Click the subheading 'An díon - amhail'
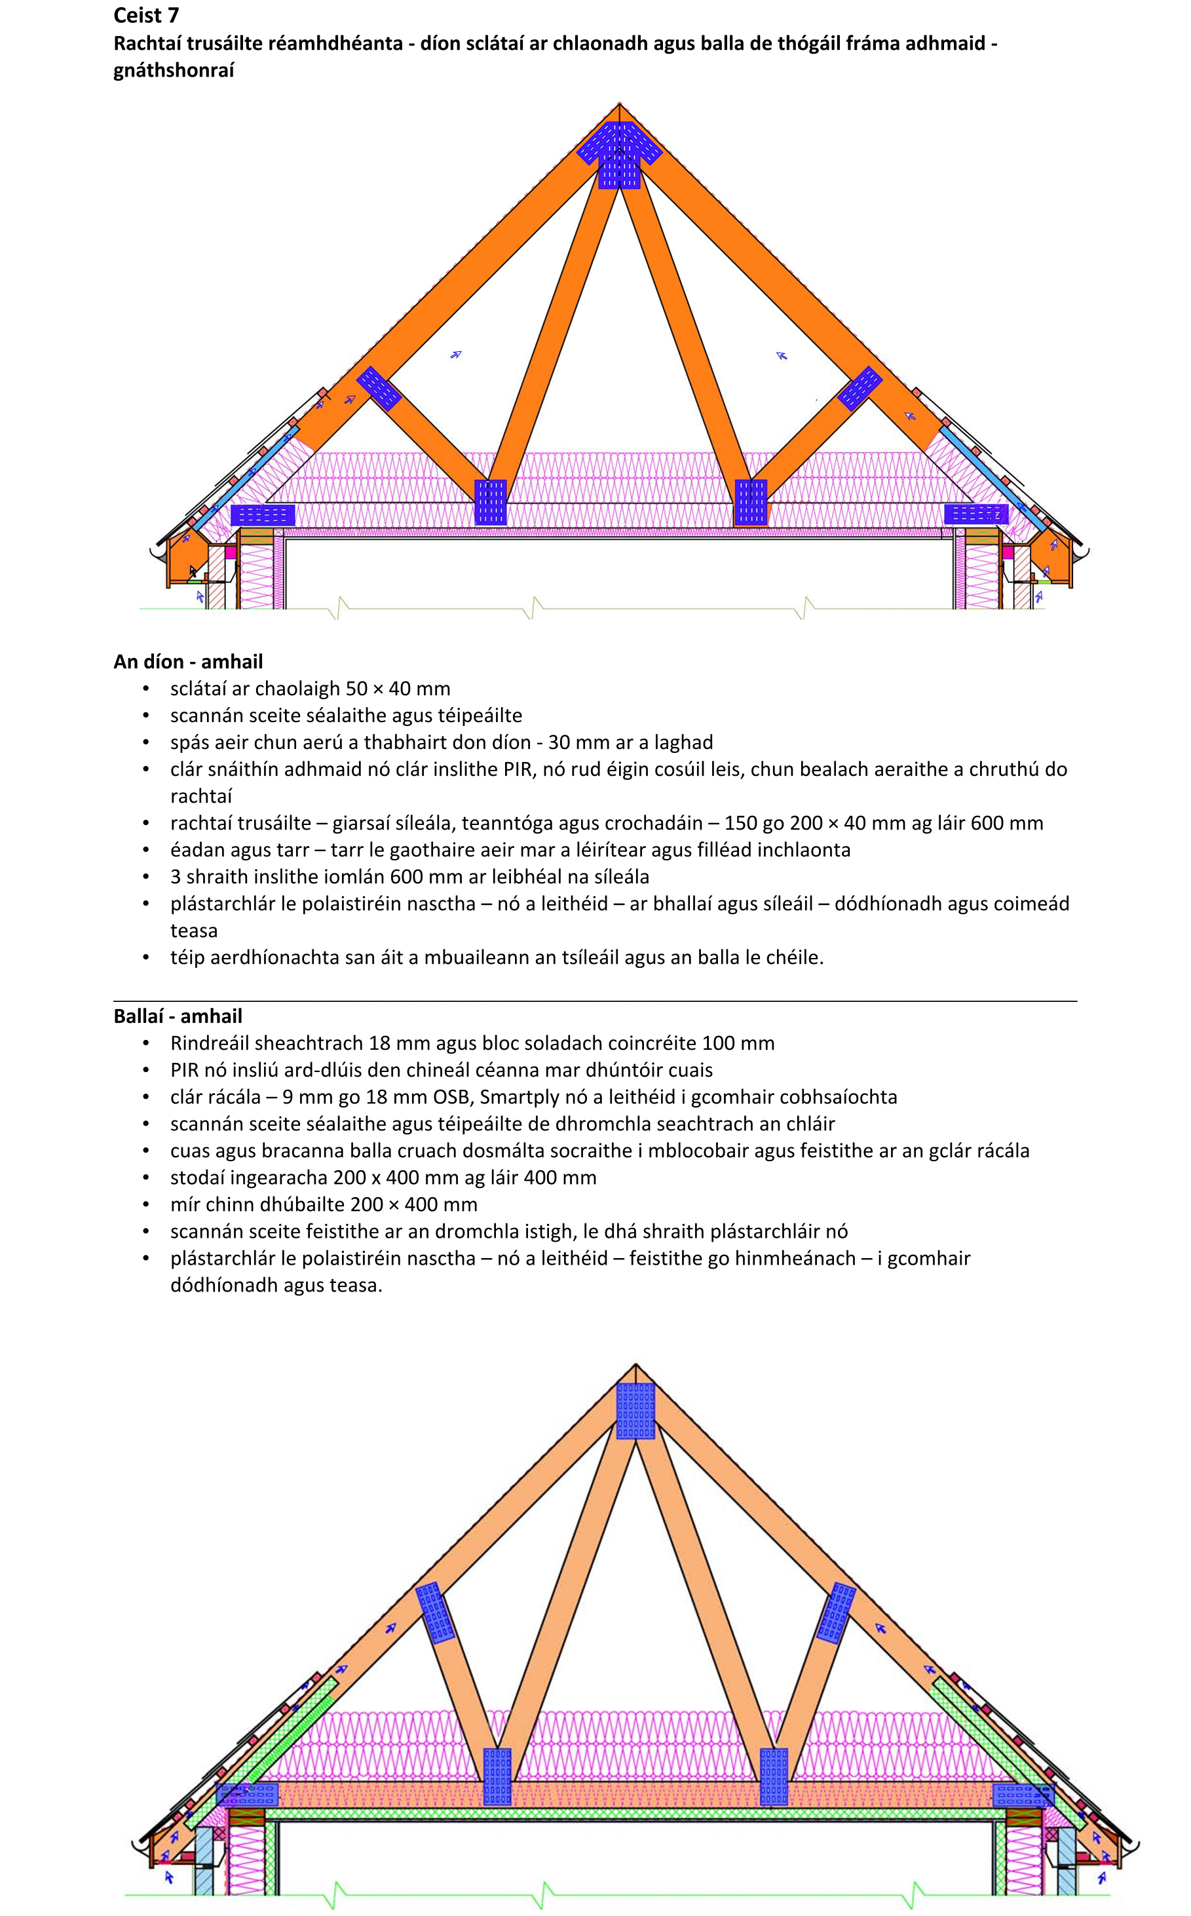pos(187,661)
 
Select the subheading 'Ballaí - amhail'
pos(178,1016)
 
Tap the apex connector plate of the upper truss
pos(619,155)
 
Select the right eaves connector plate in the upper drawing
pos(976,514)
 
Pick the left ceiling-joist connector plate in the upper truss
pos(491,503)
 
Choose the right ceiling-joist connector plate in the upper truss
pos(751,503)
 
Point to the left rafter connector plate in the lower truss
pos(435,1613)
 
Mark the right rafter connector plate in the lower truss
pos(836,1613)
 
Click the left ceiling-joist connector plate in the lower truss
pos(497,1776)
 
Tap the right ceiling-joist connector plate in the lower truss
pos(774,1776)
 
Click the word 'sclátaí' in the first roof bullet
pos(198,689)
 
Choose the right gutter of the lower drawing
pos(1132,1847)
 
